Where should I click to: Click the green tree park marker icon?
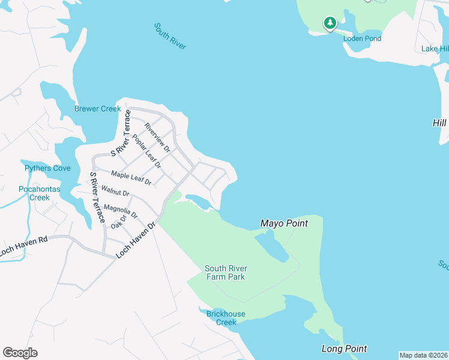click(330, 23)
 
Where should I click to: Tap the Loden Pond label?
click(362, 38)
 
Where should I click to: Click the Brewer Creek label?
click(97, 109)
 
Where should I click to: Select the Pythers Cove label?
click(47, 168)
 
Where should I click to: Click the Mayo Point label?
click(284, 223)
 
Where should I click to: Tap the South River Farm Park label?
click(226, 272)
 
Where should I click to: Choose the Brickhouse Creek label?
click(226, 318)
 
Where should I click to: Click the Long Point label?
click(344, 349)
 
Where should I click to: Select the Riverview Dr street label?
click(158, 137)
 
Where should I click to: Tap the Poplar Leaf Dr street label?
click(147, 151)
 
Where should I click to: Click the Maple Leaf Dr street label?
click(131, 177)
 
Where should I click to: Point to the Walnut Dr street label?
click(115, 191)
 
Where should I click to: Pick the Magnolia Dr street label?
click(121, 211)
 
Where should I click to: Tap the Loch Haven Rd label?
click(24, 247)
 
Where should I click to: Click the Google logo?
click(20, 353)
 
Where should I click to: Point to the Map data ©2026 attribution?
click(423, 355)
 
